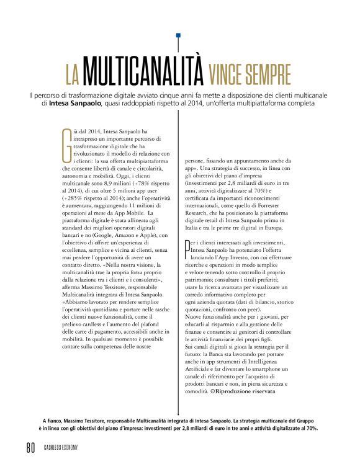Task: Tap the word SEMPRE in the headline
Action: [x=266, y=73]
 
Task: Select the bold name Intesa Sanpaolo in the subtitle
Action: [x=76, y=104]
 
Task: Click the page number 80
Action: [x=30, y=447]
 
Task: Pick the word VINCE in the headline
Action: [x=225, y=73]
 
